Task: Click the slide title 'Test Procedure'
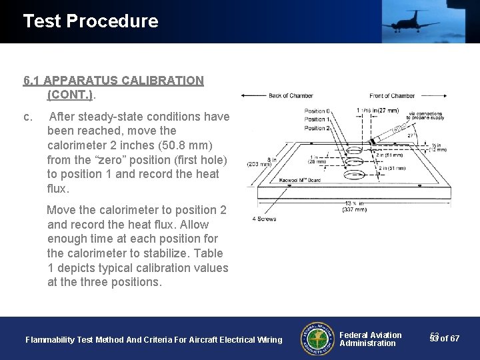[91, 21]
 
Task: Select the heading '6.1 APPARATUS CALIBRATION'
[113, 81]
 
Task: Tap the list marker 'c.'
[28, 117]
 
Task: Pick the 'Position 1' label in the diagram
[316, 119]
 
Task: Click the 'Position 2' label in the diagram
[316, 127]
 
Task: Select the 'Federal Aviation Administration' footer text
[370, 339]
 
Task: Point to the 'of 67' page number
[449, 339]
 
